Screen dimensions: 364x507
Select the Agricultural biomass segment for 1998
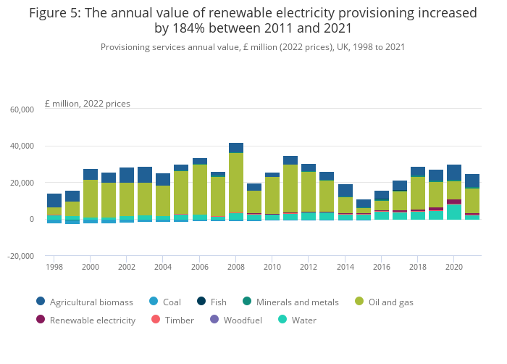[54, 200]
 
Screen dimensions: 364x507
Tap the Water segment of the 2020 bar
[454, 211]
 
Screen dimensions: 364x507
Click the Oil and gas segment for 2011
[290, 189]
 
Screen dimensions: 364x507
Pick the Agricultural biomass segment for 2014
[345, 191]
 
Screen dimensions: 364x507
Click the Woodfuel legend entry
[235, 320]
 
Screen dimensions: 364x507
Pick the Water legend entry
[298, 320]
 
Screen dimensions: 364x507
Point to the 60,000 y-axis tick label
[21, 109]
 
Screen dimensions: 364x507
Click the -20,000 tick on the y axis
[20, 256]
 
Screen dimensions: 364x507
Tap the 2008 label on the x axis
[236, 267]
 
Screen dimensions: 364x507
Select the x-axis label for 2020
[454, 267]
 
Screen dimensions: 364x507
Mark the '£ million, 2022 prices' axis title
[88, 104]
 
